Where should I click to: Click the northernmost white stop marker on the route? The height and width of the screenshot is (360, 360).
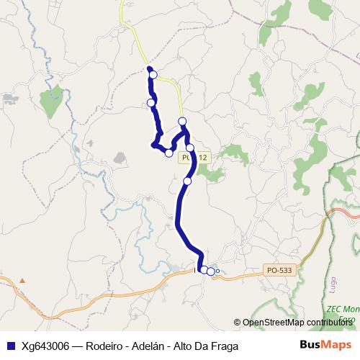[153, 75]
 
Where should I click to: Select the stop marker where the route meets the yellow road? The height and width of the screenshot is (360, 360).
[182, 121]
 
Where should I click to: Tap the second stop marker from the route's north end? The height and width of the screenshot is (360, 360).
[151, 103]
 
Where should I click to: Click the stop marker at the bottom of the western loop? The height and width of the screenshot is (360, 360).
[169, 153]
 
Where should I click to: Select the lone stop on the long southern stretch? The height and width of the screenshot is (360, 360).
[187, 181]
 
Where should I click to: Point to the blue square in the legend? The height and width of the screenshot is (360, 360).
[10, 345]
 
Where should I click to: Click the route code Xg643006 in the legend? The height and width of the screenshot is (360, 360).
[45, 345]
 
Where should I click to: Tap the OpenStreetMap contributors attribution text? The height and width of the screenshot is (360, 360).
[297, 322]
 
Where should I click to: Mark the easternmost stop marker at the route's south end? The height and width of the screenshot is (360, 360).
[210, 271]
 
